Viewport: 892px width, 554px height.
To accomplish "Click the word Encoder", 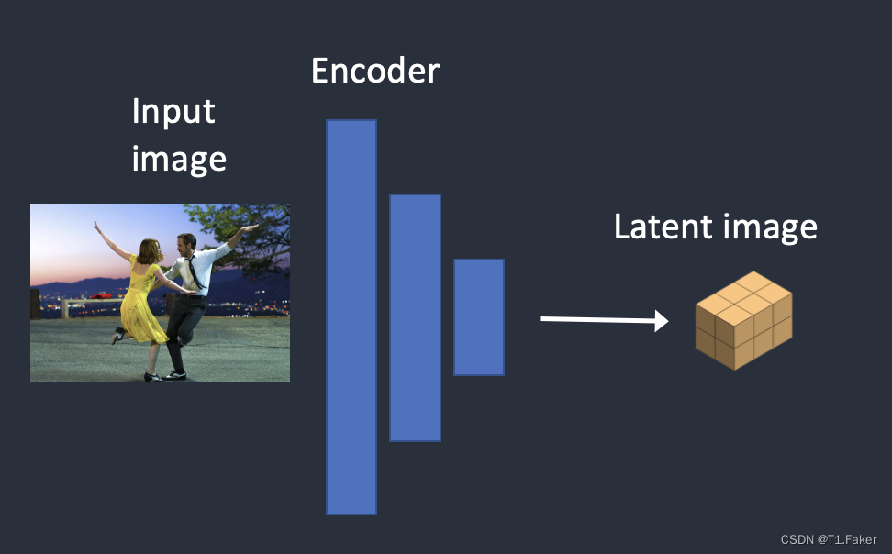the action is [375, 71].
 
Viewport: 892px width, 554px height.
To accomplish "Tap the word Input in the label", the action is [173, 112].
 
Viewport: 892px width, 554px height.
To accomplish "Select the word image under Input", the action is [179, 159].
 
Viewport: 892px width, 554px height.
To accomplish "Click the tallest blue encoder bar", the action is [351, 316].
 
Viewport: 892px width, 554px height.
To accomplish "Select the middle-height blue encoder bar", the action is [415, 316].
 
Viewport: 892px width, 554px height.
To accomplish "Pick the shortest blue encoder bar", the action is [478, 316].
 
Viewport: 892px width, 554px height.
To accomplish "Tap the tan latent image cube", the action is [742, 320].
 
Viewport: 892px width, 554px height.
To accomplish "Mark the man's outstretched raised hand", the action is [244, 228].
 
